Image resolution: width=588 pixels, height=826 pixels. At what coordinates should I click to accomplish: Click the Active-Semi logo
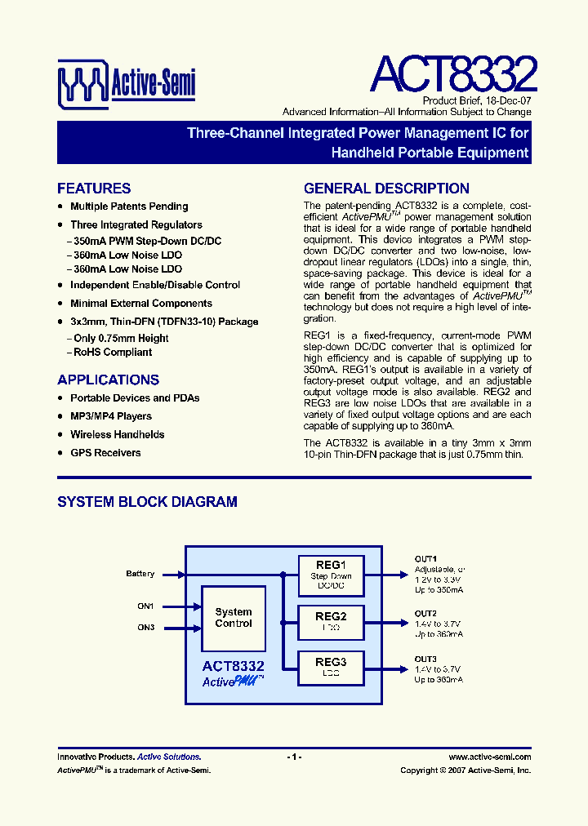126,82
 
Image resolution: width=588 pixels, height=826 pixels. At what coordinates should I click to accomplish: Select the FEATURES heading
94,189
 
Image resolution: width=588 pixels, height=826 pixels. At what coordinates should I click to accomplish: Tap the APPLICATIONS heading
108,380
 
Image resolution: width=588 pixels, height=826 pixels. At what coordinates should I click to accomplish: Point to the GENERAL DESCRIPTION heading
386,189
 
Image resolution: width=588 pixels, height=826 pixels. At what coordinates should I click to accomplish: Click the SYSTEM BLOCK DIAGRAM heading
147,502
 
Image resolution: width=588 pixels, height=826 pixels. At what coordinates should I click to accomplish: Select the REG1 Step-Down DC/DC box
331,575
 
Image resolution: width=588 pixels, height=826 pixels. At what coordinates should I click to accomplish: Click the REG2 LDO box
331,621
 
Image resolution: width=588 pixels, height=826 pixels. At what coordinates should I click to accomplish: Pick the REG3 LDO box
331,667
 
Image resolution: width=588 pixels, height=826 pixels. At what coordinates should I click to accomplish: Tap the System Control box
234,618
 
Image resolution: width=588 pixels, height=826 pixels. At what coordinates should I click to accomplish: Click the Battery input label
140,574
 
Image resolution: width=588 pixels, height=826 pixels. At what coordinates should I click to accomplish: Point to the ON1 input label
145,606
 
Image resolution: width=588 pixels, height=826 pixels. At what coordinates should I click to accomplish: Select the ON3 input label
145,627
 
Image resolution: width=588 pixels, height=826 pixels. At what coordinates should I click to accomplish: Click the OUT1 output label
425,558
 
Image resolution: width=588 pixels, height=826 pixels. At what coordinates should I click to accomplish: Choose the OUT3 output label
425,659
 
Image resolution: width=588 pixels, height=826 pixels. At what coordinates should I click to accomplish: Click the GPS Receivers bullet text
105,453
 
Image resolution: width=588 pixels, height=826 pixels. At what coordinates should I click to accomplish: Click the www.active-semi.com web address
490,757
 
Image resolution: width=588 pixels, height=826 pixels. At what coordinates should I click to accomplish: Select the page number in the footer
294,757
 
